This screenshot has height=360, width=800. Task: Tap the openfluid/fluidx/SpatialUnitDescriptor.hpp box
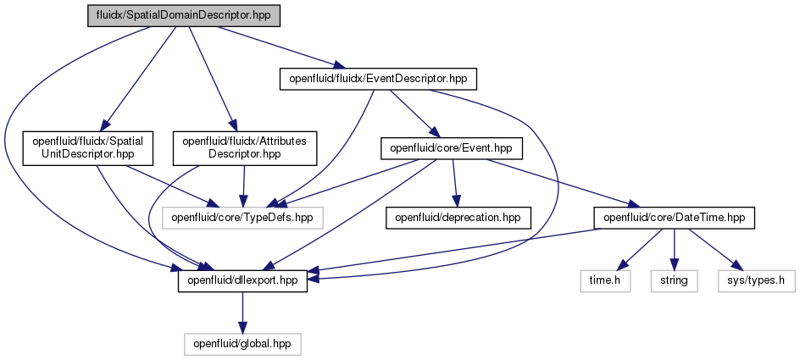coord(88,148)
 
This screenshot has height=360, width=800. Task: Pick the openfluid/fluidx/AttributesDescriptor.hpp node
coord(244,148)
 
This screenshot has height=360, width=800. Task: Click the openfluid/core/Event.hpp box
coord(452,148)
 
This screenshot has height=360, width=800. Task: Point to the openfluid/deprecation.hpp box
coord(458,218)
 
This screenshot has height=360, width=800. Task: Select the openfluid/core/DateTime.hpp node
coord(674,218)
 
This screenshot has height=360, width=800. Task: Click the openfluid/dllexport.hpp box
coord(242,281)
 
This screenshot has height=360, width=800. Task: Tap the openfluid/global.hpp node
coord(242,344)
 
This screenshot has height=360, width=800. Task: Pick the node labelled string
coord(674,281)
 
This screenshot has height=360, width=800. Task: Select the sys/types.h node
coord(756,281)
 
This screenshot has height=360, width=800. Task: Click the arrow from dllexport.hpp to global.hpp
coord(242,313)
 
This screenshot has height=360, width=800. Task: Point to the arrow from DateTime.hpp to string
coord(674,250)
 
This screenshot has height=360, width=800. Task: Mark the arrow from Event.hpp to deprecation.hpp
coord(454,183)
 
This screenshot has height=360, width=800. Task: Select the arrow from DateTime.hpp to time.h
coord(639,250)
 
